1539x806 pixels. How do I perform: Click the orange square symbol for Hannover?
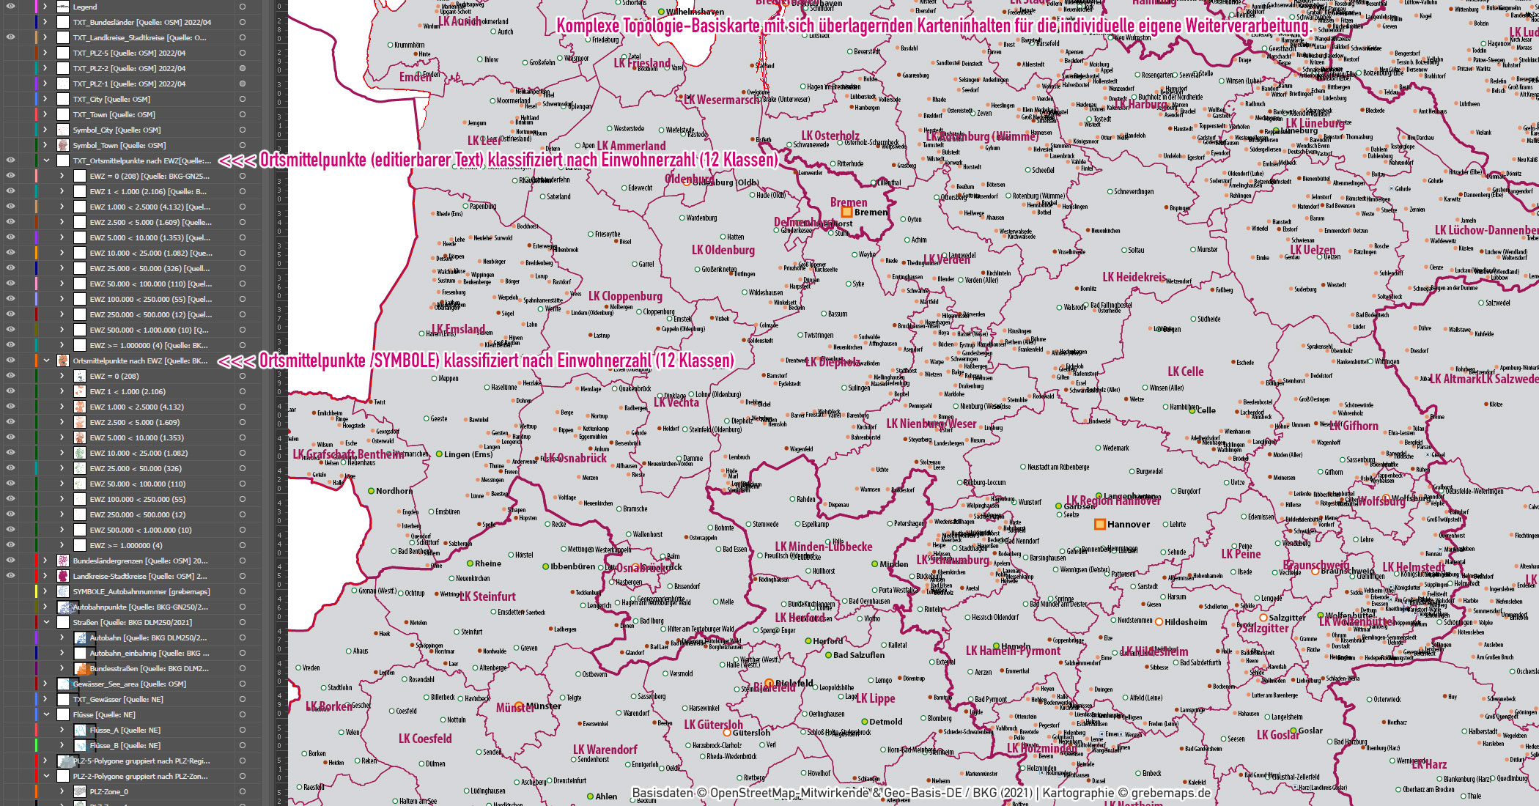tap(1099, 524)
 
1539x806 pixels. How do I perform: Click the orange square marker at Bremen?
tap(846, 212)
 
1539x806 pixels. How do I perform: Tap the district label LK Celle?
tap(1185, 371)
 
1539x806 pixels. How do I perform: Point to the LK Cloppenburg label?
tap(625, 296)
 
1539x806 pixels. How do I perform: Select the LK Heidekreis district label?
tap(1134, 277)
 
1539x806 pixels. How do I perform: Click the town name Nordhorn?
tap(394, 491)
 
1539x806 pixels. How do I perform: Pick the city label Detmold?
tap(885, 722)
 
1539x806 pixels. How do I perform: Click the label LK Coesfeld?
tap(425, 739)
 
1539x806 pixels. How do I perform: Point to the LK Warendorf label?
tap(605, 750)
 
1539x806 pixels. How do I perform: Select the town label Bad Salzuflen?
tap(858, 655)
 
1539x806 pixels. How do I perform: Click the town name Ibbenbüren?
tap(572, 566)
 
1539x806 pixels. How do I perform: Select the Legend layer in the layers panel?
tap(85, 7)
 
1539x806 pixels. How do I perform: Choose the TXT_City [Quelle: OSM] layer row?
tap(111, 99)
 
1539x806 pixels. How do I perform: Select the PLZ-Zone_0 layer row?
tap(108, 791)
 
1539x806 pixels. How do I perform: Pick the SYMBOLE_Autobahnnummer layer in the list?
tap(141, 591)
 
